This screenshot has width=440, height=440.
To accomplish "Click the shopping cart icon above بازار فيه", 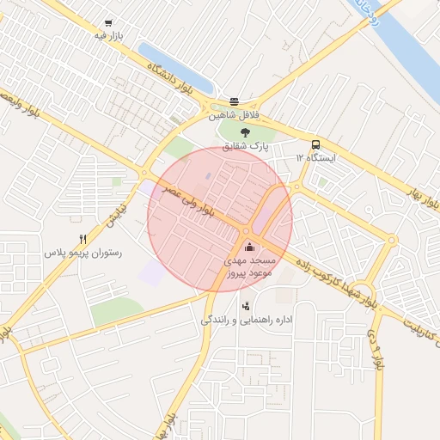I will point(107,24).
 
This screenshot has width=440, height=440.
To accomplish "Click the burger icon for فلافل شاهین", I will point(235,101).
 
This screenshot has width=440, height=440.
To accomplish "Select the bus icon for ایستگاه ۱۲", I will point(316,144).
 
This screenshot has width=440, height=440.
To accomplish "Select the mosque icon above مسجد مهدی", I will point(249,247).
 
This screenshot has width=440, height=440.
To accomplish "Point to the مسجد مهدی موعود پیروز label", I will point(249,266).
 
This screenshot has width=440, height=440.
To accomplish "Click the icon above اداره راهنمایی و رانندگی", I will point(247,305).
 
